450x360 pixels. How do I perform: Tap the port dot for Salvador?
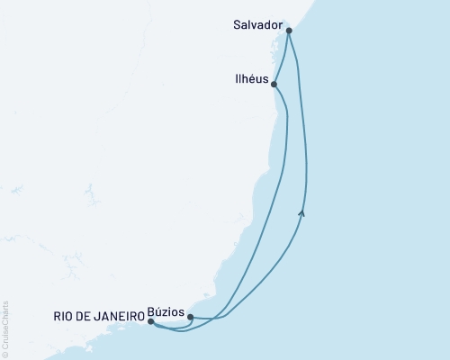(289, 31)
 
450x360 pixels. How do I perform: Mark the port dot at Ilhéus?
(274, 85)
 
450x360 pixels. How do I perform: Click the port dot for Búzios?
(190, 317)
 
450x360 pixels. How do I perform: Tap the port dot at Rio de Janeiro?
(151, 321)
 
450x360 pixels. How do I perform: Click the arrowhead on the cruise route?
(302, 212)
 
